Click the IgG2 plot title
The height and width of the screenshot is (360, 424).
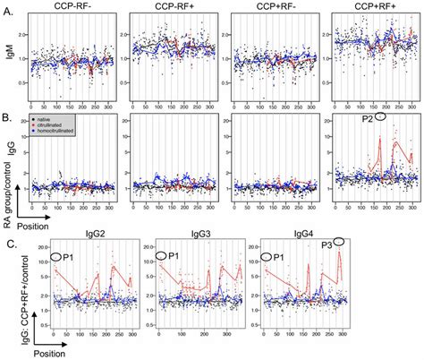(x=94, y=236)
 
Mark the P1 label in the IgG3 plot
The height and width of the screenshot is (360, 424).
(x=167, y=255)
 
